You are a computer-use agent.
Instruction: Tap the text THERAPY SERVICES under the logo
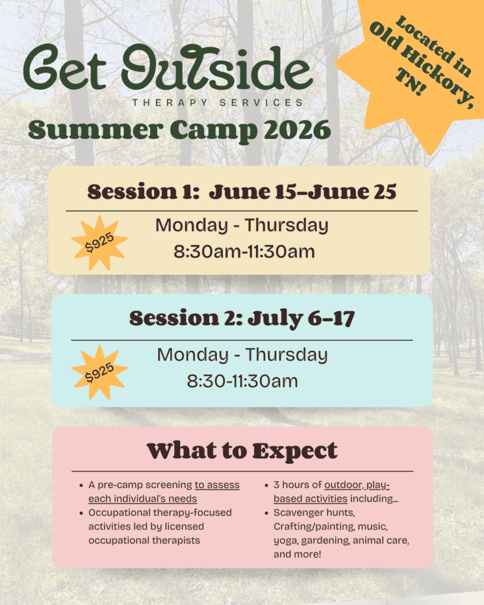click(x=218, y=103)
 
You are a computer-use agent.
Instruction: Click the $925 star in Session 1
click(x=100, y=243)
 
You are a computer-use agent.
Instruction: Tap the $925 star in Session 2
click(x=100, y=372)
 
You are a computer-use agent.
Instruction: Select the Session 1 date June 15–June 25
click(x=303, y=192)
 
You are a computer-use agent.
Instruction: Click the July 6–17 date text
click(x=301, y=318)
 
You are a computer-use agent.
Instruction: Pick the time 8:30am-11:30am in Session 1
click(x=244, y=252)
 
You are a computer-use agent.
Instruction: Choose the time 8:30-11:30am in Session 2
click(x=242, y=381)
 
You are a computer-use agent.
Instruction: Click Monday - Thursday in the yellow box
click(x=242, y=225)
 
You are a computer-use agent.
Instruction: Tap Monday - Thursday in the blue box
click(x=242, y=355)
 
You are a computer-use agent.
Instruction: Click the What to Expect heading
click(x=242, y=451)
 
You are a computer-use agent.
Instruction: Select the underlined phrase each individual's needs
click(x=143, y=499)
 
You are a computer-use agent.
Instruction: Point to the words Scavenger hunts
click(x=314, y=513)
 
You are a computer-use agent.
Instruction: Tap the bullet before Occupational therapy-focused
click(x=81, y=513)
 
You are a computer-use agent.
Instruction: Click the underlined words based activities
click(x=311, y=499)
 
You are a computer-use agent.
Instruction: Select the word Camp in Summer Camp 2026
click(x=213, y=131)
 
